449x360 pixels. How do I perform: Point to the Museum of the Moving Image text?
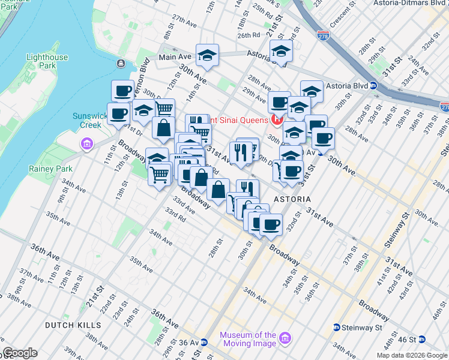coord(248,340)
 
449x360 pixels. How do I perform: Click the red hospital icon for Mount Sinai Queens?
coord(277,119)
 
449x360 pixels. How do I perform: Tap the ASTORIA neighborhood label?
coord(292,199)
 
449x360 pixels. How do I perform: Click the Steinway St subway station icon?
coord(337,328)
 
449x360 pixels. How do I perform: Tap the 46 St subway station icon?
coord(423,339)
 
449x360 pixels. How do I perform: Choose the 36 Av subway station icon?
coord(204,343)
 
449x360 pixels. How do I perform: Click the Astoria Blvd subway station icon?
coord(373,85)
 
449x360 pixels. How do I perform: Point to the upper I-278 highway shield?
coord(323,38)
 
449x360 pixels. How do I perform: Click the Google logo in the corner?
coord(20,353)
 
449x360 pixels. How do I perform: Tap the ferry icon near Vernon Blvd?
coord(121,63)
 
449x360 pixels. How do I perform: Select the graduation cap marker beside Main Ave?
coord(207,56)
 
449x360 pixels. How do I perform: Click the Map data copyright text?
coord(411,355)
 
